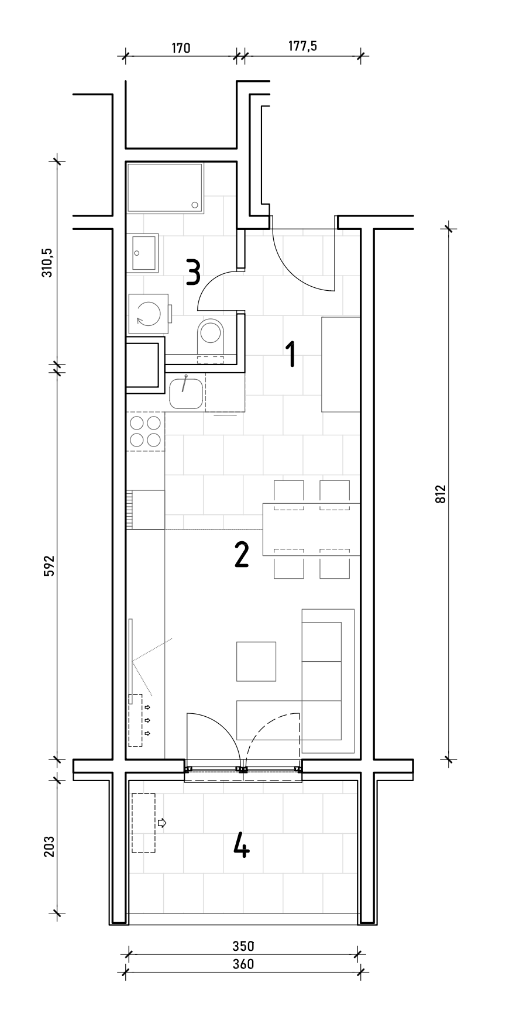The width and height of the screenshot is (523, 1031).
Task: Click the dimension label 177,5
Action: coord(302,46)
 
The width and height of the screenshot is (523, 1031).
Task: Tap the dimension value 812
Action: coord(441,494)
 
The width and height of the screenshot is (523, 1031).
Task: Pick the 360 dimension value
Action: coord(243,964)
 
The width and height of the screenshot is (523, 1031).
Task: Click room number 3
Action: coord(194,272)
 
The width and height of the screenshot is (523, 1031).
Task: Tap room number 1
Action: coord(290,355)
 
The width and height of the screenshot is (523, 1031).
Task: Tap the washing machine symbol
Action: coord(149,314)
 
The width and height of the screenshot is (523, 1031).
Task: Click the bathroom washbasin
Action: coord(144,253)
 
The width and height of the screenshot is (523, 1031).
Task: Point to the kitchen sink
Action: coord(186,393)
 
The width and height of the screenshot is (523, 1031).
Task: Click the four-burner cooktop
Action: coord(146,431)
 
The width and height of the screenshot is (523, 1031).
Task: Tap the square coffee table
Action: coord(256,661)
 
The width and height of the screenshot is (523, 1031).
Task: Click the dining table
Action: coord(311,530)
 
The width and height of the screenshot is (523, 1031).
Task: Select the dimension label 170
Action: coord(181,47)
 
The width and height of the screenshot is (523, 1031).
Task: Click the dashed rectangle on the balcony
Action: coord(143,823)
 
